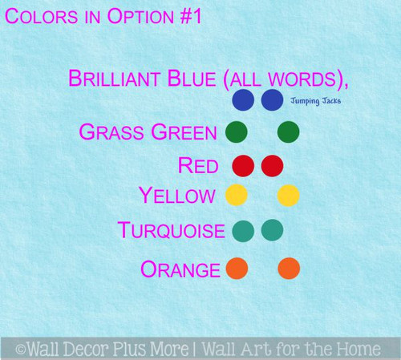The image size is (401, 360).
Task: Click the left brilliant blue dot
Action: coord(243,100)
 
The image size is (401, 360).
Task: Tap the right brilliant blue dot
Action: coord(272,100)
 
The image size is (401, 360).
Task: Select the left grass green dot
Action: coord(237,132)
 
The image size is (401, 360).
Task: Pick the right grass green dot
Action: coord(288,132)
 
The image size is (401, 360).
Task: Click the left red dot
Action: coord(243,166)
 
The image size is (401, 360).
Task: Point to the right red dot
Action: coord(272,166)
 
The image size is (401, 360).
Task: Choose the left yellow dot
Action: coord(237,196)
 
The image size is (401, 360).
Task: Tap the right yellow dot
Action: coord(288,196)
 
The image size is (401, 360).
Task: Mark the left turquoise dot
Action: coord(243,231)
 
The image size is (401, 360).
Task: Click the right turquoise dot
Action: coord(272,230)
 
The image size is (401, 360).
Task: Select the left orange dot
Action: coord(237,269)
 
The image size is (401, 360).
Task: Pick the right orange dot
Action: coord(288,269)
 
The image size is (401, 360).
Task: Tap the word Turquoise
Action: coord(171,231)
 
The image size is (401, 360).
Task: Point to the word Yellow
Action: coord(176,196)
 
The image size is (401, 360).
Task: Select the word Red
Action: coord(198,166)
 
